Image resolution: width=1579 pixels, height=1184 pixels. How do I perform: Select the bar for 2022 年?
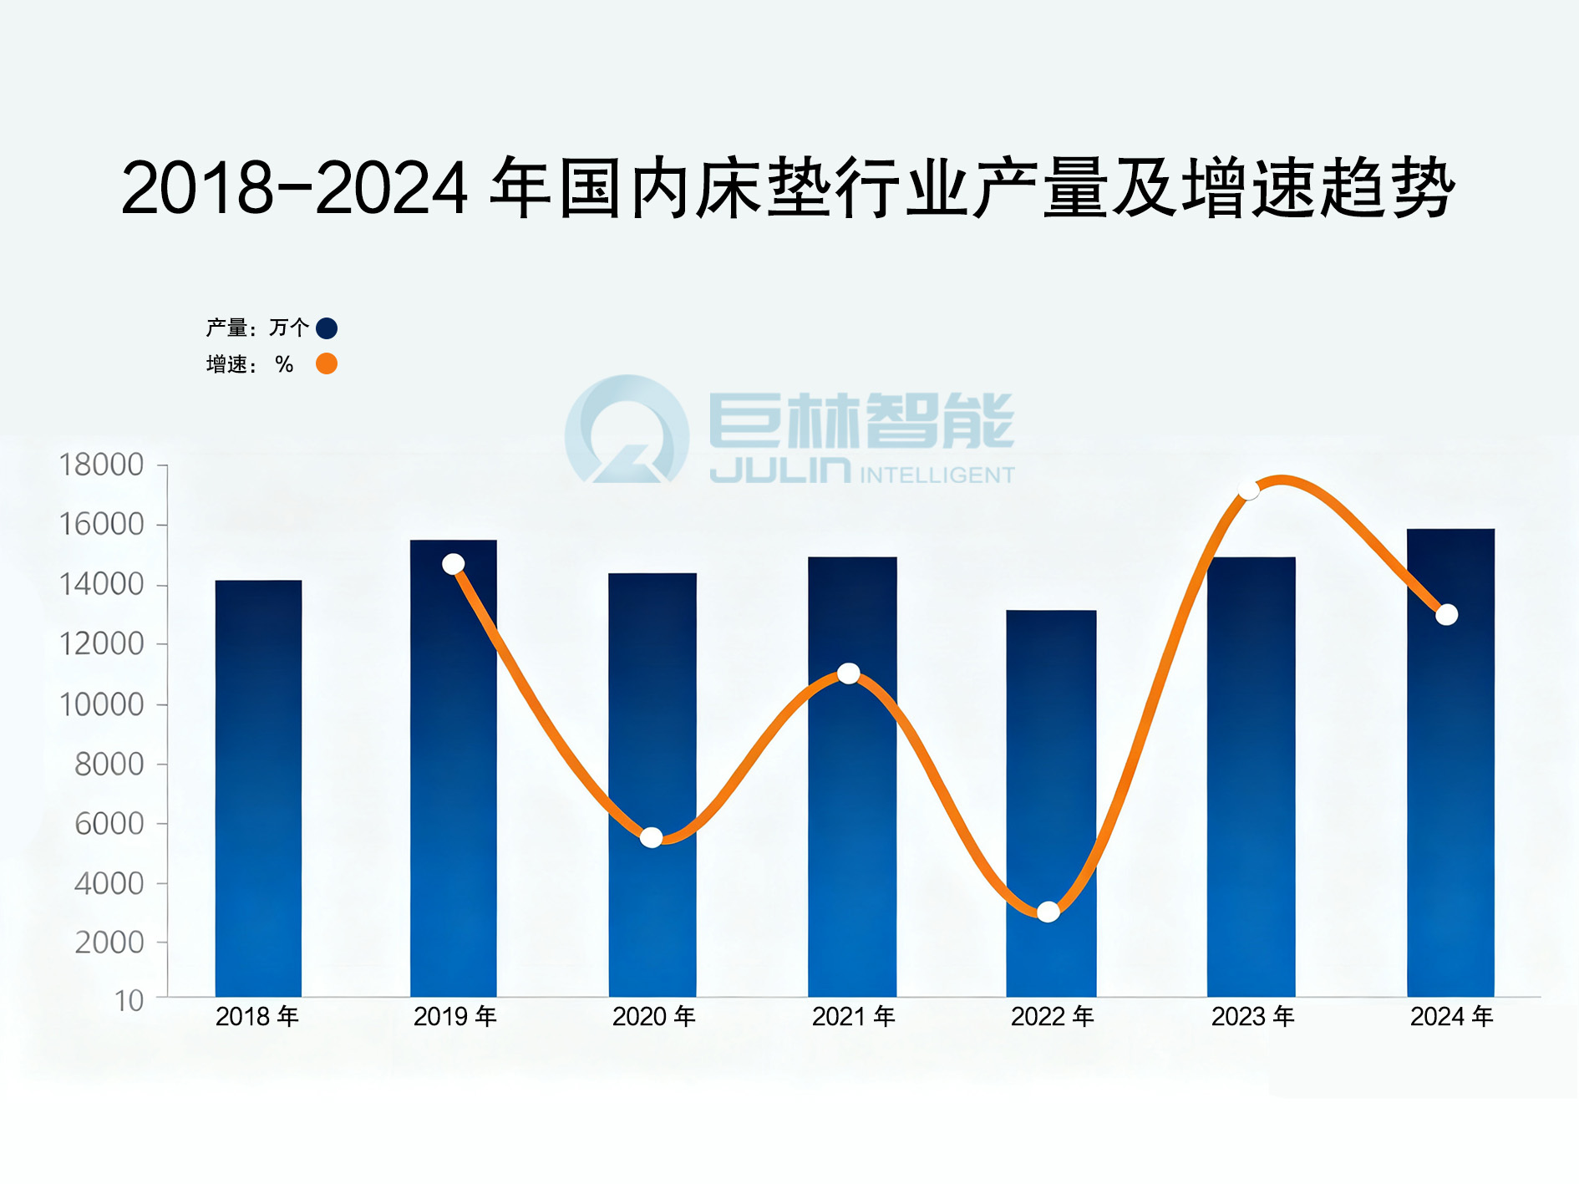[1051, 803]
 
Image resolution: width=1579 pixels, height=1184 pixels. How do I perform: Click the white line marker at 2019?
[454, 564]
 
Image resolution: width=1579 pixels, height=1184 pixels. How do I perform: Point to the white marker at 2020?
[652, 837]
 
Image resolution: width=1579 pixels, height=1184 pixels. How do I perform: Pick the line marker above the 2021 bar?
[849, 673]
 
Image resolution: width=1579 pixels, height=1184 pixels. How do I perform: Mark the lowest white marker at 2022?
[1048, 912]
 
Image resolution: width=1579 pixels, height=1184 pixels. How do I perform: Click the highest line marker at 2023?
[1249, 490]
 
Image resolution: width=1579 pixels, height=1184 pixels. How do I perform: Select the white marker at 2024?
[1447, 614]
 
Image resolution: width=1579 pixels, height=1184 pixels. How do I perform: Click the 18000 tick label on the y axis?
[101, 465]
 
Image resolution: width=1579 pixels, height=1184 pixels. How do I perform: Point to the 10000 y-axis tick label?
[101, 704]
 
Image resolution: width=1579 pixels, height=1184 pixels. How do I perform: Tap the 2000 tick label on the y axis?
[109, 943]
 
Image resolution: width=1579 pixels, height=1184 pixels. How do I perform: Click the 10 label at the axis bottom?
[129, 1000]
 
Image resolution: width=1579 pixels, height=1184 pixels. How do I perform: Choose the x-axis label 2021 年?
[853, 1017]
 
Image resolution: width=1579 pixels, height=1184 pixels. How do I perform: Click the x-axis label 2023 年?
[1252, 1017]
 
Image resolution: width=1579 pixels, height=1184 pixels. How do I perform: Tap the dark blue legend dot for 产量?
[327, 328]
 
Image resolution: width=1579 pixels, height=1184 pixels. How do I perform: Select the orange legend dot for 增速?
[327, 364]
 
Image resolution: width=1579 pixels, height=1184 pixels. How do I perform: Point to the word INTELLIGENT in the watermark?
[937, 475]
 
